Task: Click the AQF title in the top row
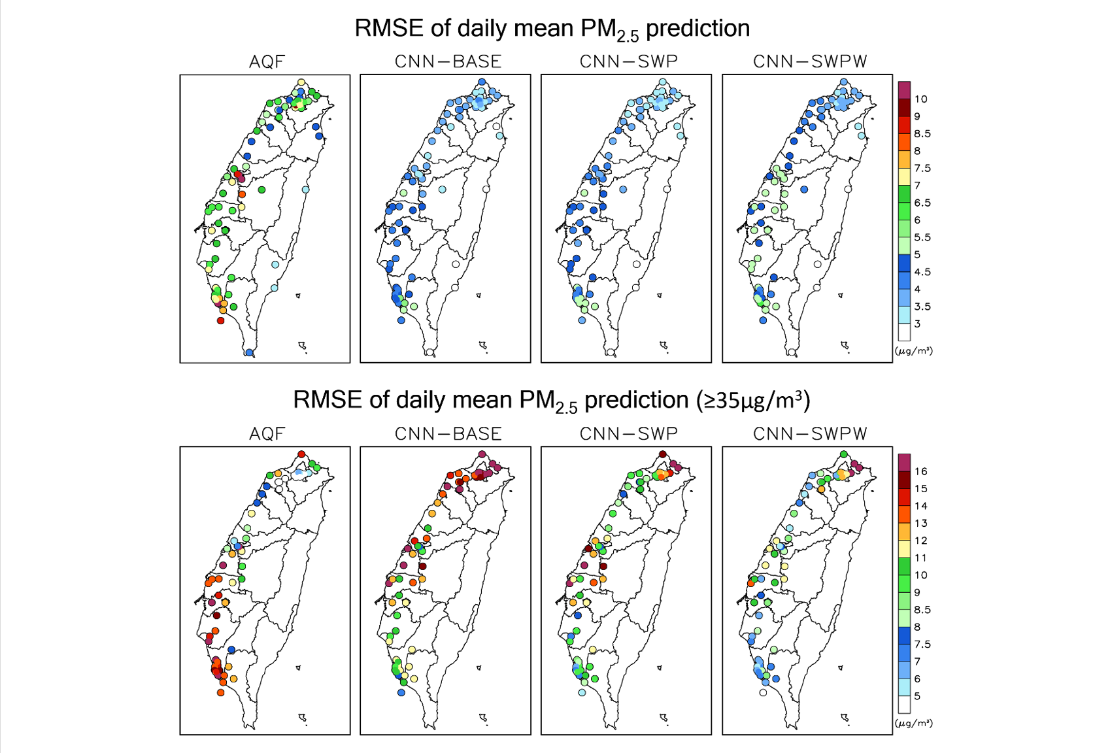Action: pyautogui.click(x=267, y=61)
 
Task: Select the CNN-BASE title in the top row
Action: pyautogui.click(x=448, y=61)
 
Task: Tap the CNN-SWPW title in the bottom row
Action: pyautogui.click(x=810, y=433)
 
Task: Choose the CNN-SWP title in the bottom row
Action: pyautogui.click(x=629, y=433)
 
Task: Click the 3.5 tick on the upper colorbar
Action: pyautogui.click(x=922, y=307)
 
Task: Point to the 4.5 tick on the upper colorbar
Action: pyautogui.click(x=922, y=272)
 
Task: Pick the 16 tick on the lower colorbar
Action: pyautogui.click(x=920, y=471)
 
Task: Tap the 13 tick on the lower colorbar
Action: pyautogui.click(x=920, y=523)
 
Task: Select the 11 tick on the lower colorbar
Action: pyautogui.click(x=920, y=558)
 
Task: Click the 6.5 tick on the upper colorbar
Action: pyautogui.click(x=922, y=203)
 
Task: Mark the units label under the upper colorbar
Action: pyautogui.click(x=913, y=351)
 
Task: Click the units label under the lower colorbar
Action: pyautogui.click(x=913, y=723)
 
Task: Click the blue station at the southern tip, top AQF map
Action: pyautogui.click(x=249, y=353)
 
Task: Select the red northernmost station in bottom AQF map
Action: pyautogui.click(x=301, y=454)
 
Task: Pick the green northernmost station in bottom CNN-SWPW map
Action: pyautogui.click(x=844, y=454)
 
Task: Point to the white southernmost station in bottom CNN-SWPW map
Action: pyautogui.click(x=763, y=692)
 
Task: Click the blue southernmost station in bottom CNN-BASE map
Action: pyautogui.click(x=401, y=692)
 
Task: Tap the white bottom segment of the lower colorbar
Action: pyautogui.click(x=904, y=705)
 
